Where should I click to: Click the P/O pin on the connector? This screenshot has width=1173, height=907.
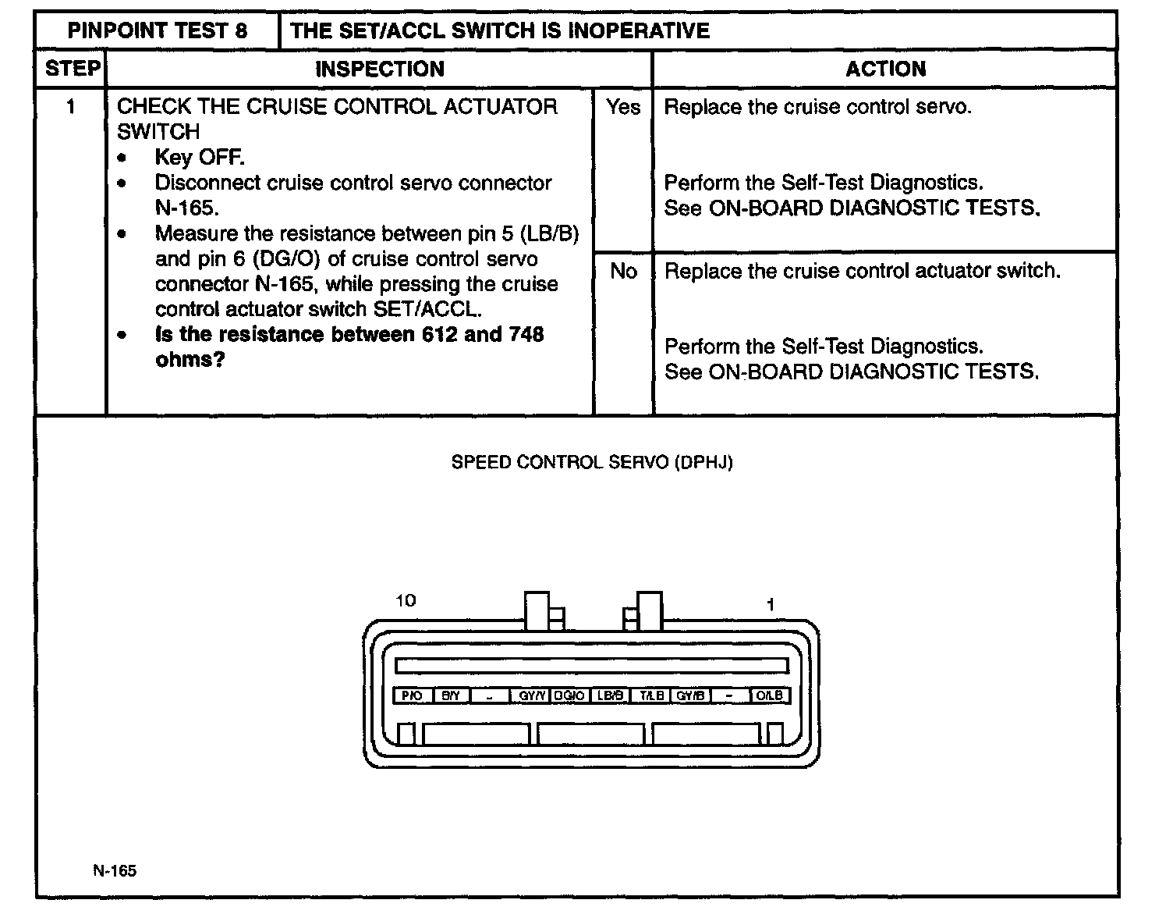[x=412, y=695]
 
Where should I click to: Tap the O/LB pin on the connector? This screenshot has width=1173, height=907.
[x=770, y=695]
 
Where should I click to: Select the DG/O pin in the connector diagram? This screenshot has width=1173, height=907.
[x=570, y=695]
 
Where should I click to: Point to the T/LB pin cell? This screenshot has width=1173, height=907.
[x=650, y=695]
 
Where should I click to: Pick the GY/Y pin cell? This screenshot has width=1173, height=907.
[x=531, y=695]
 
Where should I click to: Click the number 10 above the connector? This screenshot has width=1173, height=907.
[x=406, y=600]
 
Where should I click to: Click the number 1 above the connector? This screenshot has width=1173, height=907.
[x=771, y=604]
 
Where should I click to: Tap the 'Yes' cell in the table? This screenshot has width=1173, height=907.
[x=622, y=107]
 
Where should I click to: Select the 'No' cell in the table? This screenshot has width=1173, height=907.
[x=623, y=271]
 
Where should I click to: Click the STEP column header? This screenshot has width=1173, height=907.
[x=72, y=69]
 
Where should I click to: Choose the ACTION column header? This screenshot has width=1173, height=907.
[x=885, y=69]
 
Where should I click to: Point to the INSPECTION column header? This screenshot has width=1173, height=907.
[x=379, y=69]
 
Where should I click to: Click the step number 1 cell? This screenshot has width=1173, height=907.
[x=71, y=106]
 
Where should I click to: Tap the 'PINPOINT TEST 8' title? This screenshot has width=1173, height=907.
[x=158, y=30]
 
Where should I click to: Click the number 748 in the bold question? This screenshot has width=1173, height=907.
[x=526, y=334]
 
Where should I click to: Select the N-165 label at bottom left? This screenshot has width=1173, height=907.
[x=115, y=870]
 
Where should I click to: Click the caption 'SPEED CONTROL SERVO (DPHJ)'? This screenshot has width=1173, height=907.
[x=592, y=462]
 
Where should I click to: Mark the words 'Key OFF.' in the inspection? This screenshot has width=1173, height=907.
[x=200, y=157]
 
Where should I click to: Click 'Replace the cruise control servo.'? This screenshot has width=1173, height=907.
[x=817, y=107]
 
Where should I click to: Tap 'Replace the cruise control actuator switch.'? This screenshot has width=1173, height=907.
[x=862, y=271]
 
